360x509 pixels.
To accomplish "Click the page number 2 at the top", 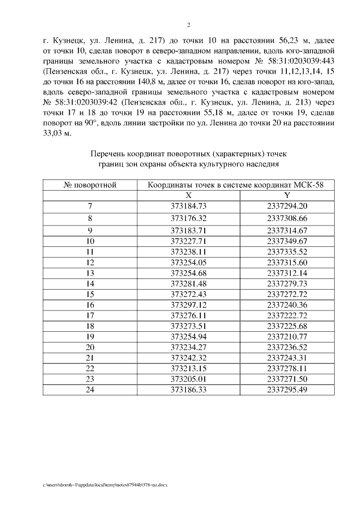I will [x=188, y=25].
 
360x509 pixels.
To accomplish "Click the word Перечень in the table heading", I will [x=109, y=153].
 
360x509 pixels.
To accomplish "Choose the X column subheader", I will [x=188, y=195].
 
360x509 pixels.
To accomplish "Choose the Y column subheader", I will [x=287, y=195].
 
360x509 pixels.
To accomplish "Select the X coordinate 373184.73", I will [x=188, y=205].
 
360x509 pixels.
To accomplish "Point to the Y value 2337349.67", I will [x=287, y=241].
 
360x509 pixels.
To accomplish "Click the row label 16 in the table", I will [x=90, y=304].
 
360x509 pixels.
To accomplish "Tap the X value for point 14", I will [x=188, y=283].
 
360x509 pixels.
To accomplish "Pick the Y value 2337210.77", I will [x=287, y=336].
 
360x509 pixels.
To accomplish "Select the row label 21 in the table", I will [x=90, y=358].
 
